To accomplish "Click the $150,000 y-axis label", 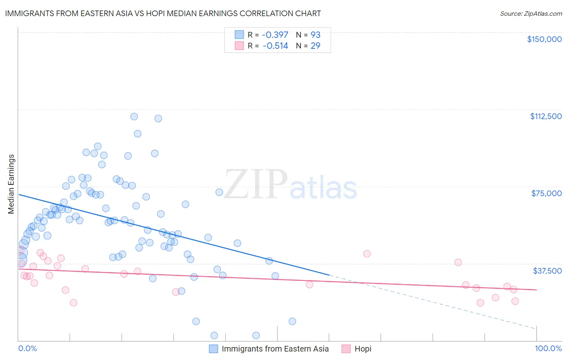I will point(544,39).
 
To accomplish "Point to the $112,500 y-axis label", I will point(546,116).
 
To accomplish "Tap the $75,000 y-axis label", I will point(546,193).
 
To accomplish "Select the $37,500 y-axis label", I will point(547,271).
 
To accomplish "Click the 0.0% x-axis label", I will point(27,348).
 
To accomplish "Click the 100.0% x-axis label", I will point(548,348).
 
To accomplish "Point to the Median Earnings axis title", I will point(11,184).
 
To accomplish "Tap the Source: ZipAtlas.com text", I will point(531,13).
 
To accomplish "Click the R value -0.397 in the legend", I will point(275,35).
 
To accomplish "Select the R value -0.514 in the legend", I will point(275,46).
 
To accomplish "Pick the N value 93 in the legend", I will point(315,35).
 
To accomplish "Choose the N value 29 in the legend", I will point(315,46).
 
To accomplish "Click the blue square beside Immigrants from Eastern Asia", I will point(213,349).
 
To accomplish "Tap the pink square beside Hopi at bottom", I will point(346,349).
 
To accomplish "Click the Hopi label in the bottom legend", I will point(363,349).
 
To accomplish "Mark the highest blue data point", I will point(134,116).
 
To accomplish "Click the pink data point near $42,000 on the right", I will point(367,254).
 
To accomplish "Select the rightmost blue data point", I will point(292,321).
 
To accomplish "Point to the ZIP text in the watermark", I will point(256,184).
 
